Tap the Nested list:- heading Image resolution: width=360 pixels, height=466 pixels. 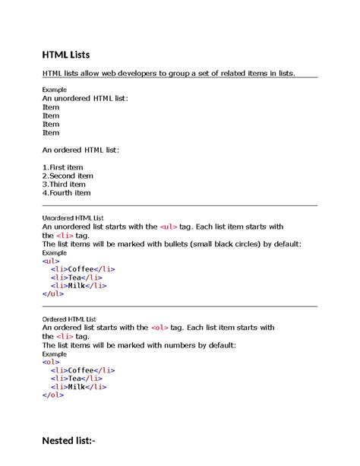pos(68,441)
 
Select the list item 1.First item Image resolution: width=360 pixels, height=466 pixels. pos(63,166)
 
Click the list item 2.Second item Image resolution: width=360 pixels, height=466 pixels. pos(68,176)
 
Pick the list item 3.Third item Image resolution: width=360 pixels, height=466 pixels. pos(64,184)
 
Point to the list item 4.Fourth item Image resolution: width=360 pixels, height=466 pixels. pos(66,192)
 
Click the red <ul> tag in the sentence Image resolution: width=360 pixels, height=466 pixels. pos(169,227)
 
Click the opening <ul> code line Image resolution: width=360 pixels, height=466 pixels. pos(51,261)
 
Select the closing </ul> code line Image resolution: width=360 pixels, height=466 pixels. pos(53,293)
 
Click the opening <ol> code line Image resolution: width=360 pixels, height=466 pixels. pos(51,362)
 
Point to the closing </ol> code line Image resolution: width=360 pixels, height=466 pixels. pos(53,395)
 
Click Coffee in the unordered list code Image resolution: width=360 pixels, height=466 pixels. pos(84,269)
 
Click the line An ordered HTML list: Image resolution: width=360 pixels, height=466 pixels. pos(80,150)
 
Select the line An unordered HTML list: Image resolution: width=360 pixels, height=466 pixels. pos(85,99)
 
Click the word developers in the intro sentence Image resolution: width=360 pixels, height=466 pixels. pos(137,73)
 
